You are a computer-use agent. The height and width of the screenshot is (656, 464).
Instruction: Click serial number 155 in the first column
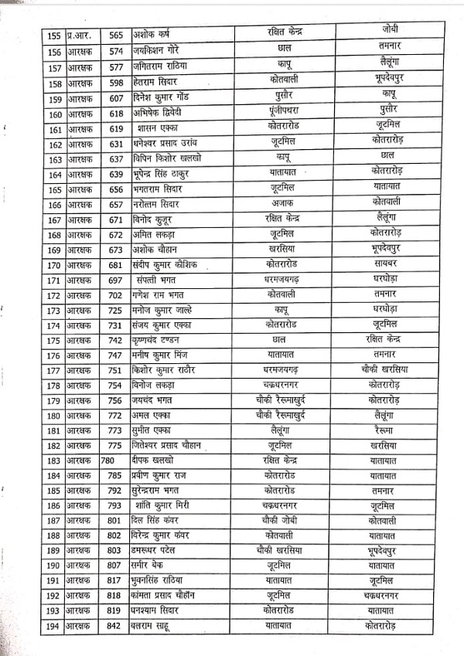(x=54, y=36)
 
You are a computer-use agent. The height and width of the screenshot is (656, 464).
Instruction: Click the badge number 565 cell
(x=116, y=36)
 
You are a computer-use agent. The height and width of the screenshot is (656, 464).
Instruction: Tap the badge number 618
(x=116, y=114)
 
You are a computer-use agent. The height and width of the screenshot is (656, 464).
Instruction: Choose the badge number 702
(x=116, y=294)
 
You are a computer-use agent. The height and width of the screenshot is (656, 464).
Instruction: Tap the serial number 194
(x=54, y=625)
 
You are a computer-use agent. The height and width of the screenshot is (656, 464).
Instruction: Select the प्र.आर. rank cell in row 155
(x=80, y=36)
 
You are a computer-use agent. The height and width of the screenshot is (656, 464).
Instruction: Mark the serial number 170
(x=54, y=265)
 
